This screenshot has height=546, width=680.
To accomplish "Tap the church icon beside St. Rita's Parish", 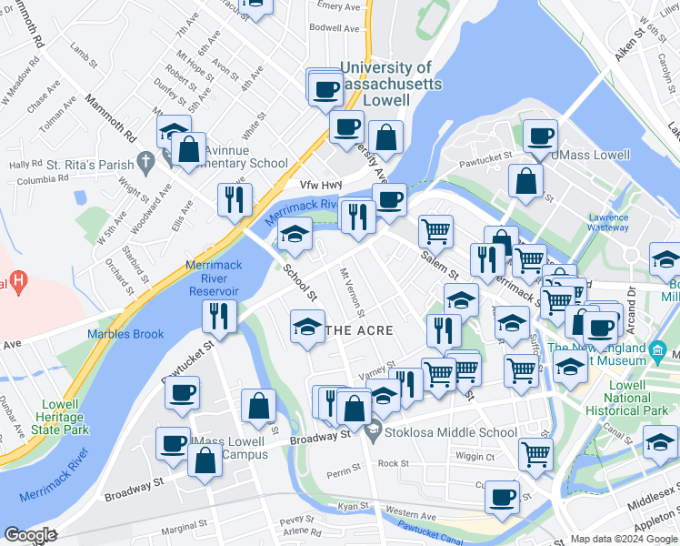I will (x=145, y=163).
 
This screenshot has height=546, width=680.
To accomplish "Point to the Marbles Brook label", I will (x=125, y=334).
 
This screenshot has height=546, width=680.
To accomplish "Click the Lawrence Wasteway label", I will (x=608, y=223).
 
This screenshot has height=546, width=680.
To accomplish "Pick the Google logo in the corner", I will (x=30, y=535).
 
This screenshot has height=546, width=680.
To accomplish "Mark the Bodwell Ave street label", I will (x=335, y=28).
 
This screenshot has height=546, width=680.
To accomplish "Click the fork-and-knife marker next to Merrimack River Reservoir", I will (x=218, y=317).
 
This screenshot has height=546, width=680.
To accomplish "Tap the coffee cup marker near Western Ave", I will (x=501, y=496).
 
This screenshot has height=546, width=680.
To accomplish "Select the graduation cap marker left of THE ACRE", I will (x=307, y=326).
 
